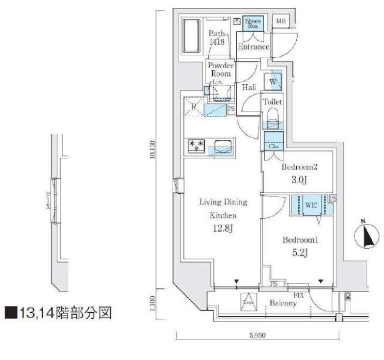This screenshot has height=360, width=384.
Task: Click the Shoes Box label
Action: (253, 23)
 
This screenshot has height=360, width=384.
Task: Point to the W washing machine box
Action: (273, 81)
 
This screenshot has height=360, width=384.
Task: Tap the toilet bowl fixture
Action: (272, 117)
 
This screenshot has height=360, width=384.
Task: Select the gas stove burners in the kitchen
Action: (197, 145)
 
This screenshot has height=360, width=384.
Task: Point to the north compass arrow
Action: (363, 237)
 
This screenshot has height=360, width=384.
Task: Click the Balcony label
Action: (283, 304)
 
